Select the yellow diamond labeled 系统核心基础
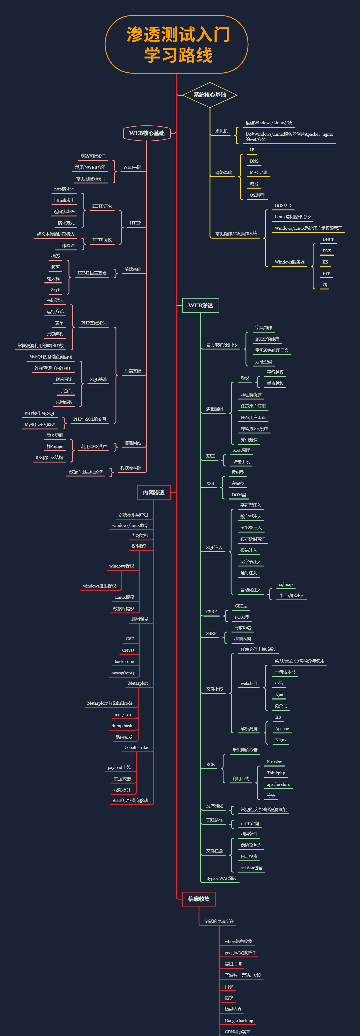pyautogui.click(x=210, y=95)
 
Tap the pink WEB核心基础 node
pyautogui.click(x=147, y=133)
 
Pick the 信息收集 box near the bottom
pyautogui.click(x=199, y=899)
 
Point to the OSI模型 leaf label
pyautogui.click(x=257, y=195)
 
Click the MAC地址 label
pyautogui.click(x=258, y=173)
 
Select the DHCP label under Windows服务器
pyautogui.click(x=328, y=239)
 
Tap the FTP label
pyautogui.click(x=326, y=274)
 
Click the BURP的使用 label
pyautogui.click(x=267, y=339)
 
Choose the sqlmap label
pyautogui.click(x=285, y=584)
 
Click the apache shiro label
pyautogui.click(x=278, y=784)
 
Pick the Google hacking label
pyautogui.click(x=239, y=1020)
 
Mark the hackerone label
pyautogui.click(x=124, y=662)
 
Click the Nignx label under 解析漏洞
pyautogui.click(x=281, y=740)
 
